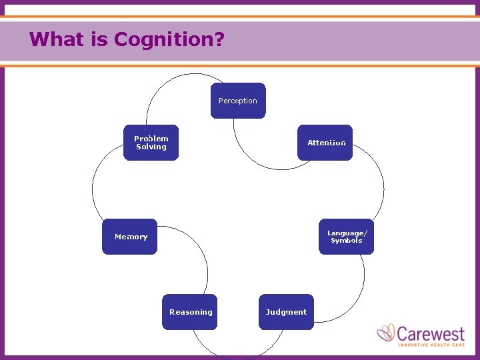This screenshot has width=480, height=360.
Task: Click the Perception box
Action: coord(238,101)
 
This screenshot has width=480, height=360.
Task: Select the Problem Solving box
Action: coord(151,143)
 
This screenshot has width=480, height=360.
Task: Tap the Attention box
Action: coord(326,143)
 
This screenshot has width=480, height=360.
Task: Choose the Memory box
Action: coord(130,237)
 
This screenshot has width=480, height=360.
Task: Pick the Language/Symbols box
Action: coord(346,237)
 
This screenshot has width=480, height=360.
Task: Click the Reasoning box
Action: coord(190,312)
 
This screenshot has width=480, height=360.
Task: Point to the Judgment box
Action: coord(286,312)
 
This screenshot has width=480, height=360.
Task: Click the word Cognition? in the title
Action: coord(169,39)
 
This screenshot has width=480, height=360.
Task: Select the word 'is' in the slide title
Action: coord(101,39)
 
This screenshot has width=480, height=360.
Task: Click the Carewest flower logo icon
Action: coord(386,333)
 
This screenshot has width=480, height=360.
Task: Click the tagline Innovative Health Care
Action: coord(431,344)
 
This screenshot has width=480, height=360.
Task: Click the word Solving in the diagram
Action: coord(151,147)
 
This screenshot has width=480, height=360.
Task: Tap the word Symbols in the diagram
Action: coord(347,241)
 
